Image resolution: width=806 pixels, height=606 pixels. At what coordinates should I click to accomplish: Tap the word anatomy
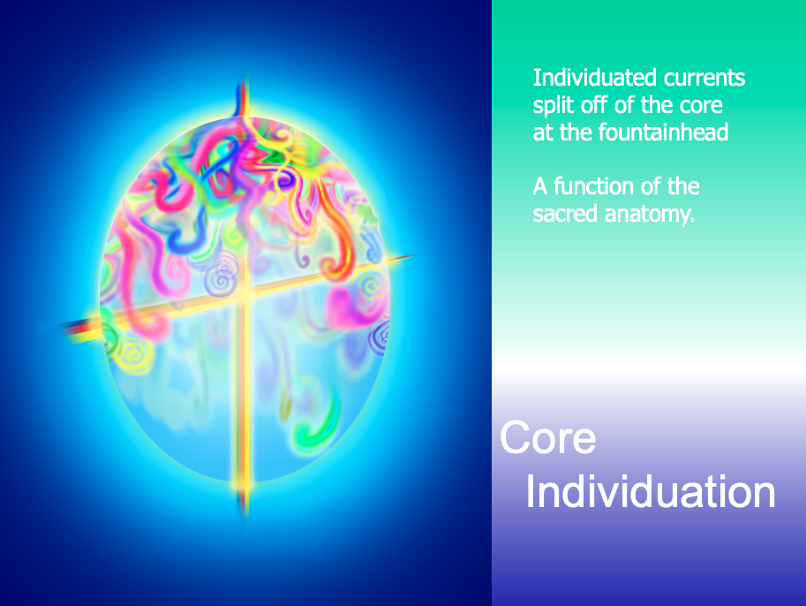(x=650, y=215)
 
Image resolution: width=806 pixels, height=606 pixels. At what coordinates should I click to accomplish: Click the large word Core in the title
(x=548, y=437)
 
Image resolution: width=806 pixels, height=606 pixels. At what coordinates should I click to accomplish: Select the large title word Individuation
(x=651, y=492)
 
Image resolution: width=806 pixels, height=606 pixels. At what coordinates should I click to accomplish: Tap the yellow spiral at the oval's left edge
(x=133, y=352)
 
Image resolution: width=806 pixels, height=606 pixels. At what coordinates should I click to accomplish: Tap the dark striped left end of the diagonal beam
(x=77, y=330)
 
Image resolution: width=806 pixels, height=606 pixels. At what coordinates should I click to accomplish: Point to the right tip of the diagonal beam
(x=414, y=254)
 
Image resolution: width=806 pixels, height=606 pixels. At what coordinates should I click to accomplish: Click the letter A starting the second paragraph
(x=540, y=186)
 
